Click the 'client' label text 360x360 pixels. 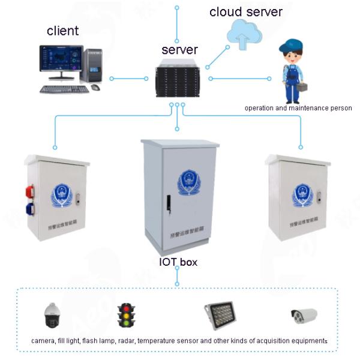click(62, 31)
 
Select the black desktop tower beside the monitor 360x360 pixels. click(93, 65)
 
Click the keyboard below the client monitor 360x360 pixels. click(64, 89)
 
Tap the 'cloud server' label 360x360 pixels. click(245, 12)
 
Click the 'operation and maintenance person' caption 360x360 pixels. click(298, 108)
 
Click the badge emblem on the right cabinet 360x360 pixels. click(300, 195)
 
